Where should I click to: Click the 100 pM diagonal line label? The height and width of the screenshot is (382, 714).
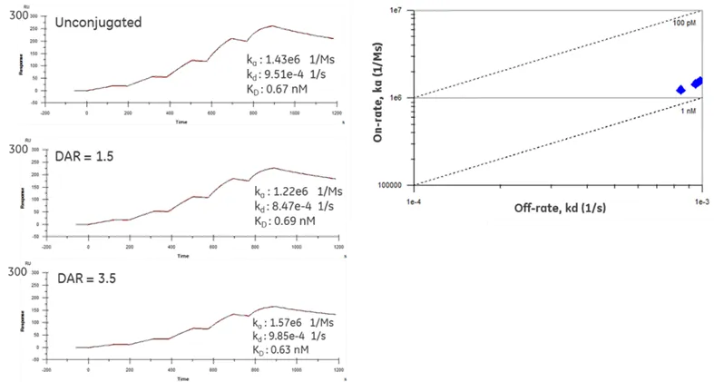[x=685, y=22]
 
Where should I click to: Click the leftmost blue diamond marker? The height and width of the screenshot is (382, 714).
[x=681, y=89]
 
